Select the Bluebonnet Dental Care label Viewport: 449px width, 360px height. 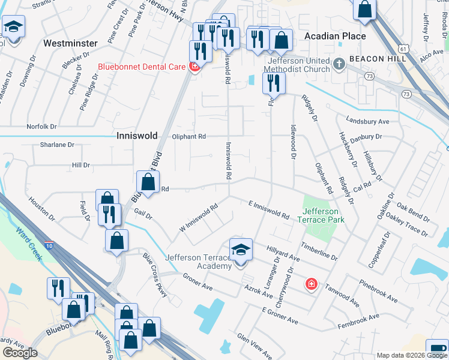click(x=142, y=67)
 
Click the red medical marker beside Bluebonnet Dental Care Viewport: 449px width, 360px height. click(x=194, y=67)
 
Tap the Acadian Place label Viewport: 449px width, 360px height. click(x=335, y=37)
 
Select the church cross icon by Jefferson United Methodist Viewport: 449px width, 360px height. click(x=339, y=62)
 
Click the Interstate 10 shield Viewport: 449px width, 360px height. click(x=49, y=245)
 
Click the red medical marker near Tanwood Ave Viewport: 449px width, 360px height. click(x=311, y=283)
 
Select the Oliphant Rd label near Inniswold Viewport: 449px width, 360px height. click(x=190, y=137)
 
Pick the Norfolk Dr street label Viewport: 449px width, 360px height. click(x=41, y=127)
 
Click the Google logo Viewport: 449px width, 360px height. click(x=20, y=353)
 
